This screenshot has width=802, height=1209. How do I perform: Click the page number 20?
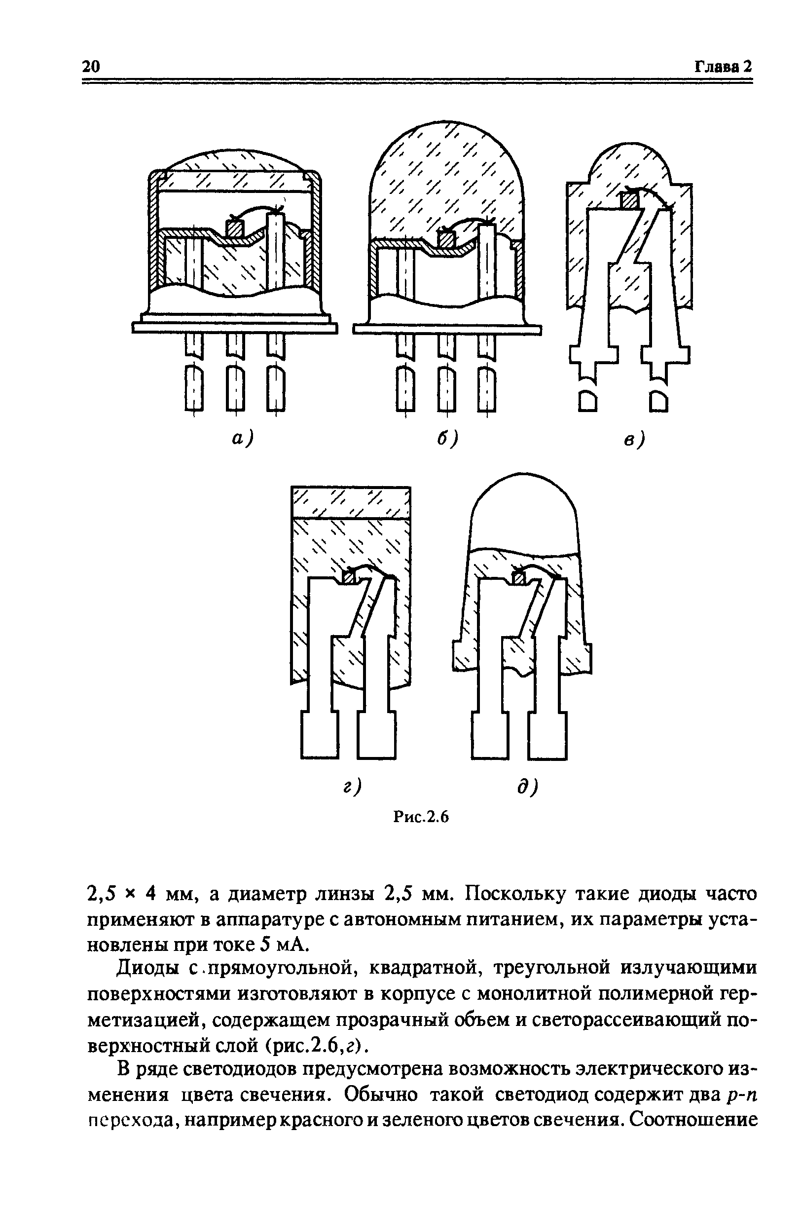(x=91, y=67)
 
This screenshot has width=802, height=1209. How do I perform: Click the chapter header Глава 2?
(x=723, y=67)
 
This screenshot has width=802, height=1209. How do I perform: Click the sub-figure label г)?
(x=352, y=786)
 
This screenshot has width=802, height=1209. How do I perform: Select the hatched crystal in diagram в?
(x=629, y=199)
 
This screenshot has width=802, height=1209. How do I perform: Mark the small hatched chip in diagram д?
(x=519, y=579)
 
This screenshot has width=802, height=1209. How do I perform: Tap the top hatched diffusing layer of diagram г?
(x=350, y=502)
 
